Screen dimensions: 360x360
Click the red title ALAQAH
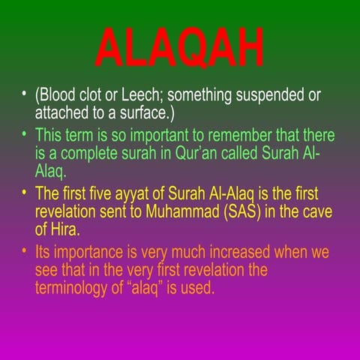tap(180, 48)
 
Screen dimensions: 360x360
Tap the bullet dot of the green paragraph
tap(25, 133)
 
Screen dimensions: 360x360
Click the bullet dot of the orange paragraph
tap(25, 250)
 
